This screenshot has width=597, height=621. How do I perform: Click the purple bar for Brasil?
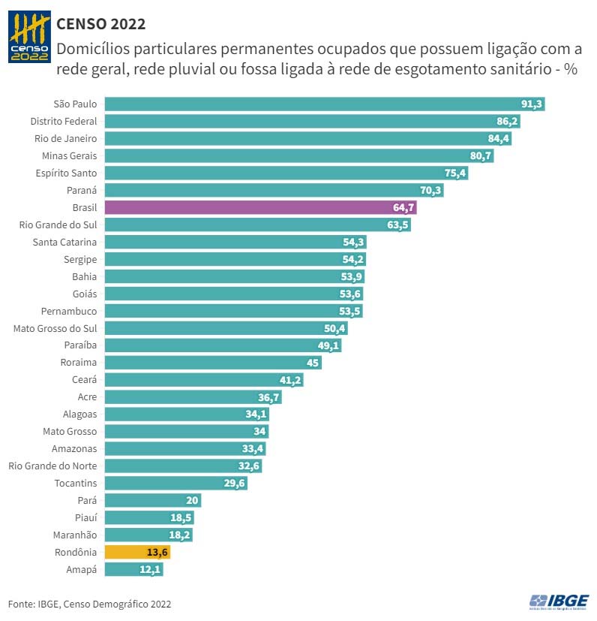261,207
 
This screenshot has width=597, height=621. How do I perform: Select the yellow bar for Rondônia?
137,553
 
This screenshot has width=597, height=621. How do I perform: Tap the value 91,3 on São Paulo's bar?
532,104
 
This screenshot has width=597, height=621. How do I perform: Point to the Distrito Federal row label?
64,121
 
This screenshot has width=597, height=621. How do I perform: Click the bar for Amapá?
133,570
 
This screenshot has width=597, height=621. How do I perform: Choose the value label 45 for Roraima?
313,363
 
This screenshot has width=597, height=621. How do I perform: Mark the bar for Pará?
153,501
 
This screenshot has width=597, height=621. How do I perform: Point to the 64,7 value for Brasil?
403,207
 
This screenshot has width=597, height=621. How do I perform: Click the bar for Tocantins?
176,484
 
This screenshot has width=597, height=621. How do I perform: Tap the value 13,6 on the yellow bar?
157,553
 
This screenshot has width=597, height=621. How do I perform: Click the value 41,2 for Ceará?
290,380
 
